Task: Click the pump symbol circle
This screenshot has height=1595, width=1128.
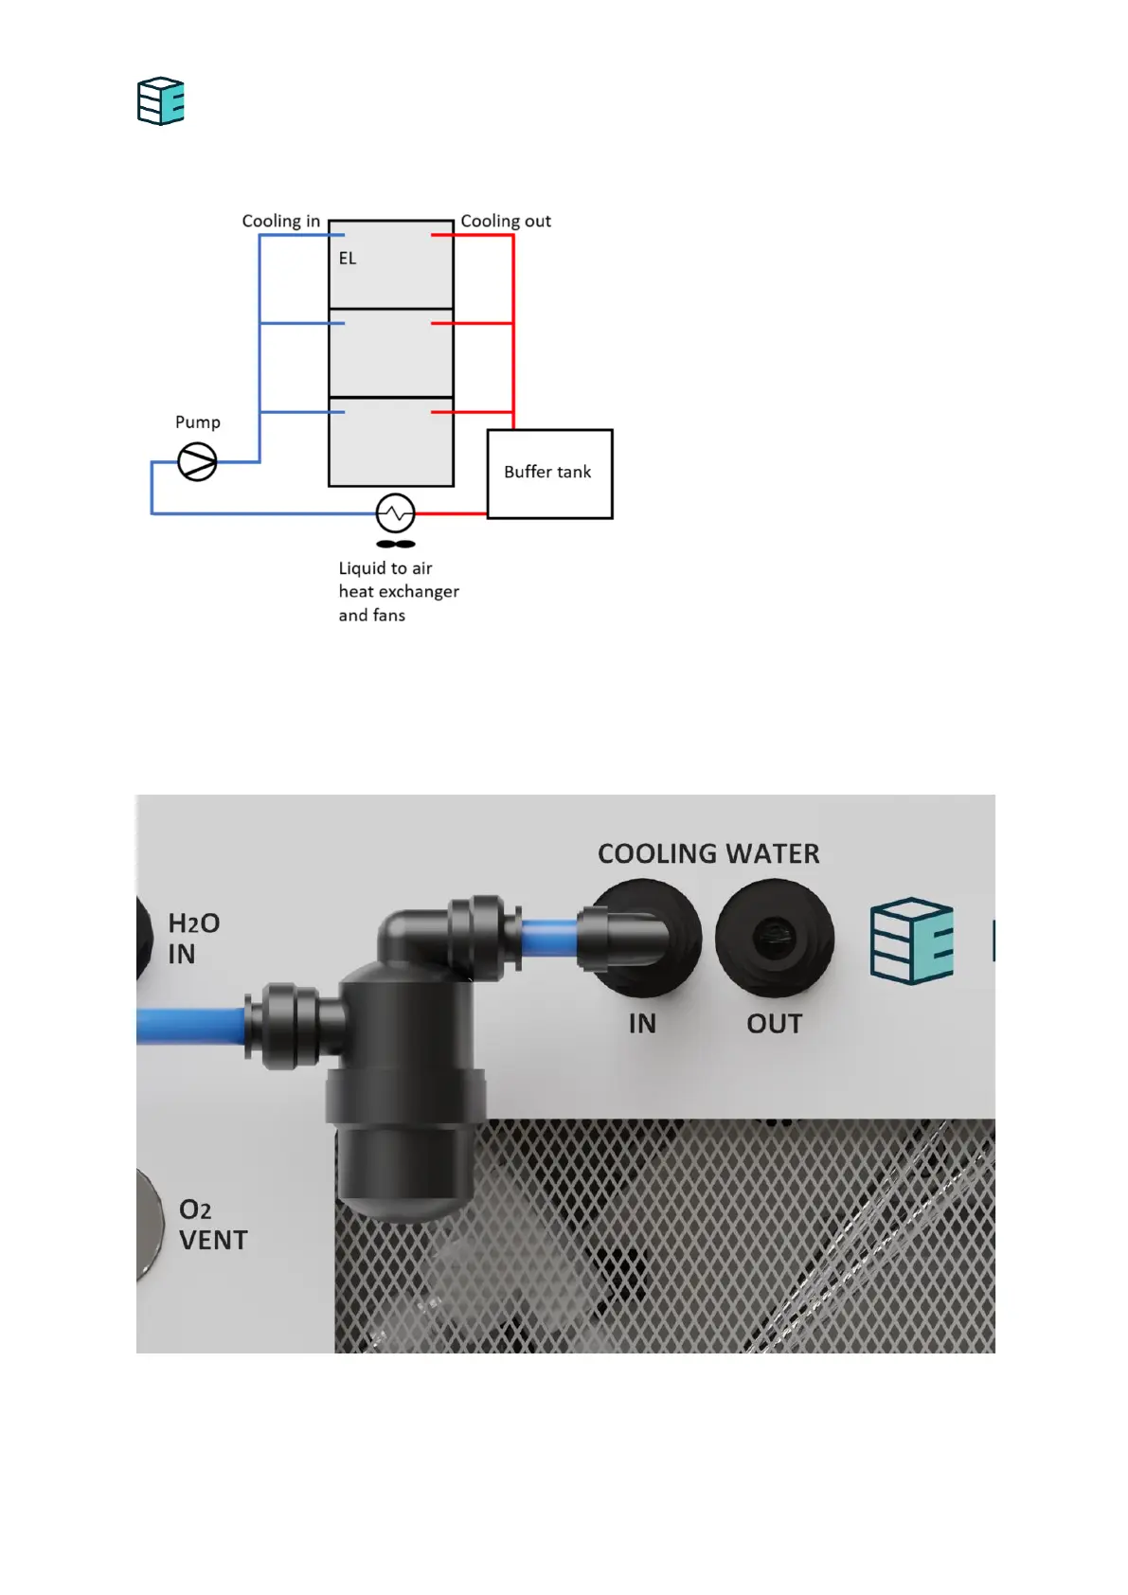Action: click(197, 462)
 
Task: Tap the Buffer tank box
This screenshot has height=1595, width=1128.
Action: click(549, 474)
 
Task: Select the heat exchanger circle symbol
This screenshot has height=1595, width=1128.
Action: click(395, 513)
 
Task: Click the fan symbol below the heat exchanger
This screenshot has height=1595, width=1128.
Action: click(396, 545)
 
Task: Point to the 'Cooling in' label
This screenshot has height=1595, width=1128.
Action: click(280, 221)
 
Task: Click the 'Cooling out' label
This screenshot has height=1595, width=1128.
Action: click(506, 221)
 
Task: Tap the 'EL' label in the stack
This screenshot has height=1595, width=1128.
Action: click(348, 259)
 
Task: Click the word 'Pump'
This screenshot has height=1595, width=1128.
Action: click(198, 422)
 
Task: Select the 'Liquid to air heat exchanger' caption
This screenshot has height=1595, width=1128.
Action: click(398, 591)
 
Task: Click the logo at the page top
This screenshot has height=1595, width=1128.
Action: click(161, 101)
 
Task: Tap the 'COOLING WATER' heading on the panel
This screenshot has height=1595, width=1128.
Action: click(708, 853)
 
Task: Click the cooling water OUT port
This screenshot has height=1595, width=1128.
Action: click(774, 938)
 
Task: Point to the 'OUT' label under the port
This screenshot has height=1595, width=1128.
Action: click(774, 1024)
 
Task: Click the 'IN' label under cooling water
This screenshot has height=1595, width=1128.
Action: click(642, 1024)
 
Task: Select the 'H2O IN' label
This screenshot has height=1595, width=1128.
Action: click(193, 938)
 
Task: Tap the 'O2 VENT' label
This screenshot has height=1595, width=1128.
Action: click(212, 1225)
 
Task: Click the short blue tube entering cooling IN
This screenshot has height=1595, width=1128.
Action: click(549, 938)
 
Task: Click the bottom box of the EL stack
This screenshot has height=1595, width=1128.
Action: click(391, 442)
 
